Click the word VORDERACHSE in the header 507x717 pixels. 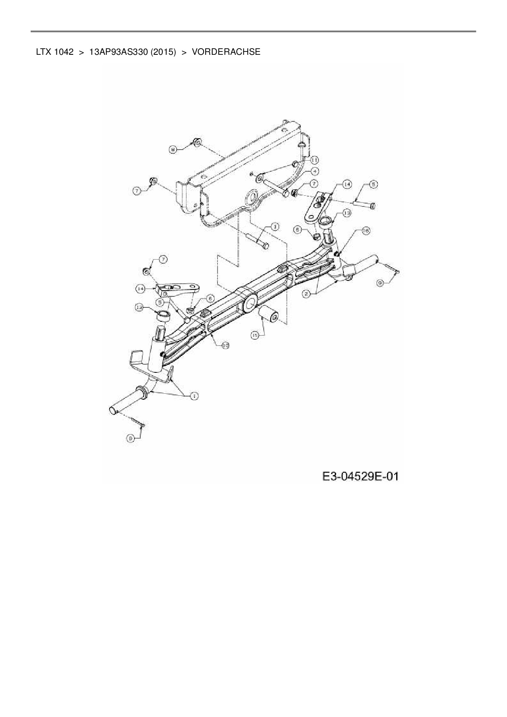click(x=226, y=52)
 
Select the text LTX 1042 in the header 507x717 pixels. click(x=55, y=52)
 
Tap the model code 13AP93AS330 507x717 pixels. click(x=118, y=52)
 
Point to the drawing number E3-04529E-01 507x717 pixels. click(x=360, y=476)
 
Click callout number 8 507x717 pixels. click(x=173, y=150)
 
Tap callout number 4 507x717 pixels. click(x=315, y=171)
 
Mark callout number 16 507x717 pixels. click(x=365, y=231)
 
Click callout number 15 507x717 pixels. click(x=255, y=335)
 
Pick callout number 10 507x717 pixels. click(x=225, y=345)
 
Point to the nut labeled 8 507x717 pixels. click(x=196, y=142)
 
